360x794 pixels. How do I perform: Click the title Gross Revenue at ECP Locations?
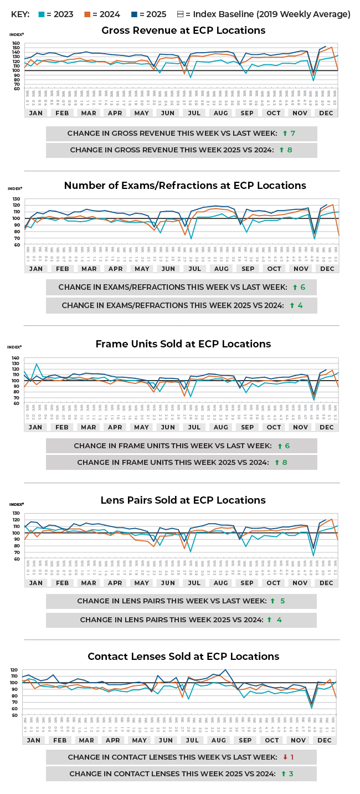(183, 30)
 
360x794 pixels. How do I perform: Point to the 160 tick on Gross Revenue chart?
(16, 43)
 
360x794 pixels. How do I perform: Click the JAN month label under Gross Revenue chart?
(35, 112)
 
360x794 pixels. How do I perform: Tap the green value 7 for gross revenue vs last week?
(292, 134)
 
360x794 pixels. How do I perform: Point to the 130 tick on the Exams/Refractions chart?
(16, 199)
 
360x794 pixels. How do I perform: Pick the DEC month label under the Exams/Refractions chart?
(327, 269)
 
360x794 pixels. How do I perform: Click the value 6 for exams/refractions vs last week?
(302, 288)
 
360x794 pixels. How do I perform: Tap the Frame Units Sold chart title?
(183, 344)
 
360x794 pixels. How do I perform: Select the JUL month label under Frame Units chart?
(194, 427)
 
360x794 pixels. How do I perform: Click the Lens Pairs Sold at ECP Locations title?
(183, 500)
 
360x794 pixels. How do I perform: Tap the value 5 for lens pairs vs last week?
(282, 601)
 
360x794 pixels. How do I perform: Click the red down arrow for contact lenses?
(285, 757)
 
